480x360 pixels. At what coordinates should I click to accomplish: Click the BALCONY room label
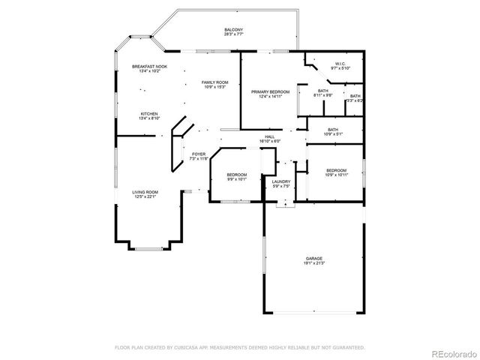click(x=233, y=30)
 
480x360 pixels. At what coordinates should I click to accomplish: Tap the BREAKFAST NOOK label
click(x=149, y=67)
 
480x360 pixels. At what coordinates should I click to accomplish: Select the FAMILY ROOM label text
click(x=214, y=82)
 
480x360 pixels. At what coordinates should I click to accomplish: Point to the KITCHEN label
click(x=149, y=114)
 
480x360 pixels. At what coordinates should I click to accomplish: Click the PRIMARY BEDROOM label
click(x=270, y=91)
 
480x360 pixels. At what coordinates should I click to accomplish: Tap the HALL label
click(x=269, y=136)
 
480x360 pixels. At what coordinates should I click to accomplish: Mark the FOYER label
click(x=199, y=154)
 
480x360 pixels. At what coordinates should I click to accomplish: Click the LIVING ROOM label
click(x=145, y=192)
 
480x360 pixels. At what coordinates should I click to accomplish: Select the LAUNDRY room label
click(x=281, y=181)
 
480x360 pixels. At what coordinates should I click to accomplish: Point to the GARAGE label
click(x=314, y=259)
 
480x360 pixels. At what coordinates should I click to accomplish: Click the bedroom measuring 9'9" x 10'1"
click(x=237, y=176)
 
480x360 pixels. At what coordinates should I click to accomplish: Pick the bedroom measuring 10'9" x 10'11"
click(x=337, y=172)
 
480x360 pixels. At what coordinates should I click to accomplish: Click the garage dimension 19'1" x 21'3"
click(x=314, y=263)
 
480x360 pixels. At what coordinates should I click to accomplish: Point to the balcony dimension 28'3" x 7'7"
click(x=233, y=34)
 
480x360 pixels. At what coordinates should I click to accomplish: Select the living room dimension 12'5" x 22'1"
click(x=145, y=196)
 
